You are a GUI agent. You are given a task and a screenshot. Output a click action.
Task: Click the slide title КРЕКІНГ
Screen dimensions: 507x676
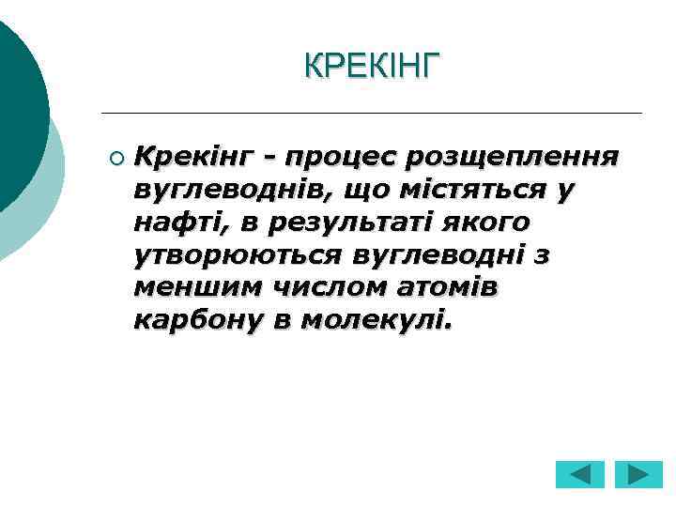pos(372,66)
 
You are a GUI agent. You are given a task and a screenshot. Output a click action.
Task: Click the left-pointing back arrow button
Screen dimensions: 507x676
pos(580,474)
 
